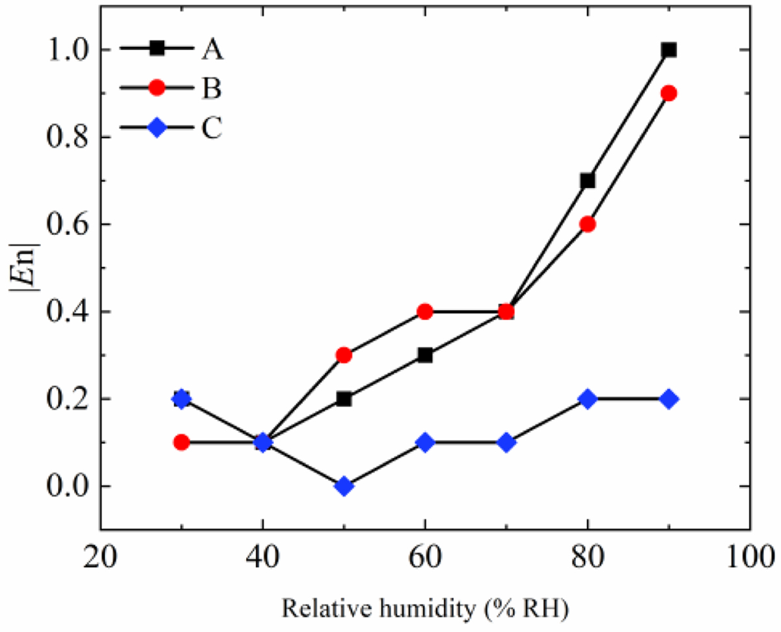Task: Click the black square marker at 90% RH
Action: [668, 50]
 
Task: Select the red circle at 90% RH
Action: [668, 93]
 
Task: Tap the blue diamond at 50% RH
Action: [344, 486]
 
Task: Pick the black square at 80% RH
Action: [588, 180]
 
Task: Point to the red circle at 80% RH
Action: [588, 224]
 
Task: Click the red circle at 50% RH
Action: [344, 355]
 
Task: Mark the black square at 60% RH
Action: [426, 355]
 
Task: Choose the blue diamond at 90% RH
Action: [668, 399]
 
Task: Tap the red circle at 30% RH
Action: [182, 443]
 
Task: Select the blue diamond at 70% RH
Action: [506, 443]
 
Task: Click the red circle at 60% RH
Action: [426, 312]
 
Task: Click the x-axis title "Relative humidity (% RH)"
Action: [426, 609]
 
